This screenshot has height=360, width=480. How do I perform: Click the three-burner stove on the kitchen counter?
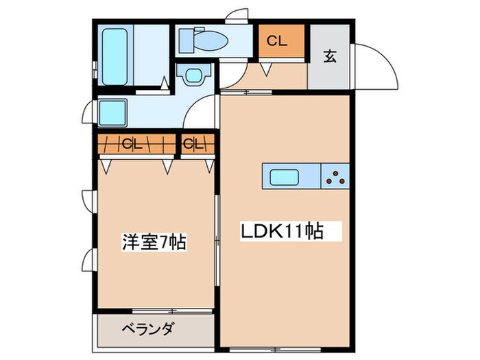click(336, 177)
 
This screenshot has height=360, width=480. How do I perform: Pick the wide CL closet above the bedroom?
click(134, 144)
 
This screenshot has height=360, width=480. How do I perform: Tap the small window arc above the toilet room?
click(241, 14)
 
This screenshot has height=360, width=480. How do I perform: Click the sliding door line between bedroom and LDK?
click(217, 233)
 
